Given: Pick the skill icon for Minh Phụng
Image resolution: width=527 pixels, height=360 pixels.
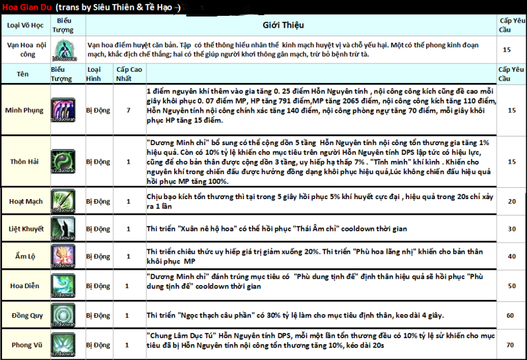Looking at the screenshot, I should point(65,109).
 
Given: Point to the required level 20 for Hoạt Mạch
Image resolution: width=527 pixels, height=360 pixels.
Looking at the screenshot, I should point(509,202).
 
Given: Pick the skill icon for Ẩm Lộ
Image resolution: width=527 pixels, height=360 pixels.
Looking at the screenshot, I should point(65,256).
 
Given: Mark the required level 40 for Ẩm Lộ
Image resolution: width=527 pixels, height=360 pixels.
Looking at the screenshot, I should point(509,256).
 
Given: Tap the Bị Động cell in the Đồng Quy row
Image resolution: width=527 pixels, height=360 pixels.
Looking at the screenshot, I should point(98,316).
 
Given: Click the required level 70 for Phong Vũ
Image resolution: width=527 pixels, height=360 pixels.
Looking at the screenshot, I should point(509,345).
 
